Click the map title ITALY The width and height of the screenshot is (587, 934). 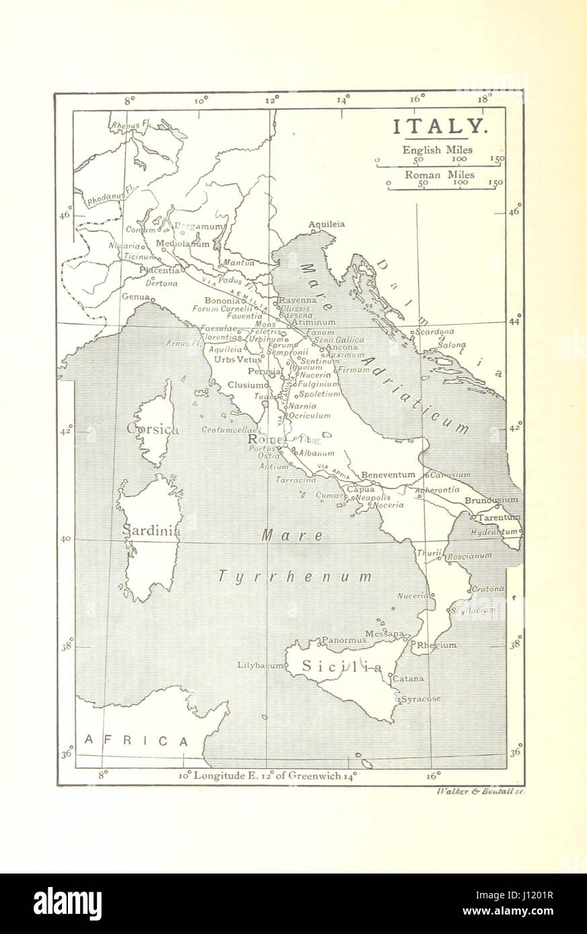pyautogui.click(x=438, y=126)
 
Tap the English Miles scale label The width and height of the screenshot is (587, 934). pyautogui.click(x=437, y=150)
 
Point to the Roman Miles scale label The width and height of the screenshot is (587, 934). pyautogui.click(x=439, y=175)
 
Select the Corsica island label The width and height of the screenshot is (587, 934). pyautogui.click(x=152, y=429)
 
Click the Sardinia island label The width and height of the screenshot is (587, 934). pyautogui.click(x=151, y=531)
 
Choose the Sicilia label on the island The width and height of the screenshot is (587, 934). pyautogui.click(x=342, y=667)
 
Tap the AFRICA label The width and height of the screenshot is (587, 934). pyautogui.click(x=136, y=740)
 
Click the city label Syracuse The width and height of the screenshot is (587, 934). pyautogui.click(x=421, y=699)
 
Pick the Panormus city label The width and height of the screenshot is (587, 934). pyautogui.click(x=344, y=640)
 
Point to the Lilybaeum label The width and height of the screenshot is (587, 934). pyautogui.click(x=260, y=665)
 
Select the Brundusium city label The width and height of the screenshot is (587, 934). pyautogui.click(x=492, y=500)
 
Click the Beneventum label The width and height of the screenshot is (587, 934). pyautogui.click(x=388, y=474)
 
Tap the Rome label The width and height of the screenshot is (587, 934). pyautogui.click(x=265, y=440)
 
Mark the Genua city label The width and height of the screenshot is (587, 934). pyautogui.click(x=135, y=296)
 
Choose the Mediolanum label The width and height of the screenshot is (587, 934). pyautogui.click(x=182, y=244)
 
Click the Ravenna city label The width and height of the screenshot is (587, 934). pyautogui.click(x=297, y=300)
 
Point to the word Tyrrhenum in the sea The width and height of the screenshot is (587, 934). pyautogui.click(x=295, y=577)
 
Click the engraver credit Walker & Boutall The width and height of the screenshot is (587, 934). pyautogui.click(x=479, y=792)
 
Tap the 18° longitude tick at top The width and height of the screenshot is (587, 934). pyautogui.click(x=483, y=99)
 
